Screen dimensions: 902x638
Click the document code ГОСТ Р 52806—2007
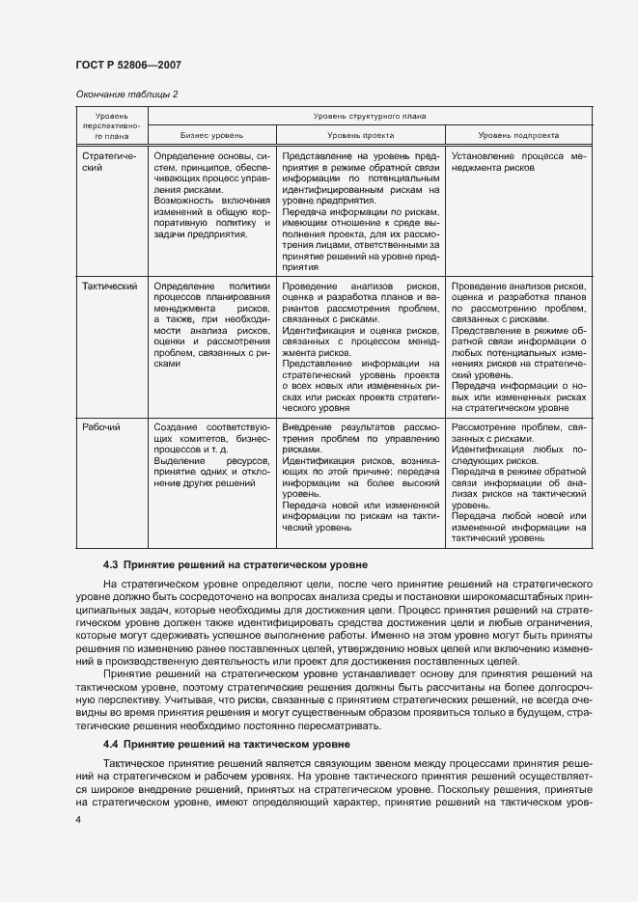pos(127,65)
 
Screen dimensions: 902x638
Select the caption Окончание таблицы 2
pos(126,94)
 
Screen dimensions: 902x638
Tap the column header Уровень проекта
pos(360,136)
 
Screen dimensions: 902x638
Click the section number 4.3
pos(110,563)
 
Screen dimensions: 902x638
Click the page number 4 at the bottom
pos(78,819)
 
